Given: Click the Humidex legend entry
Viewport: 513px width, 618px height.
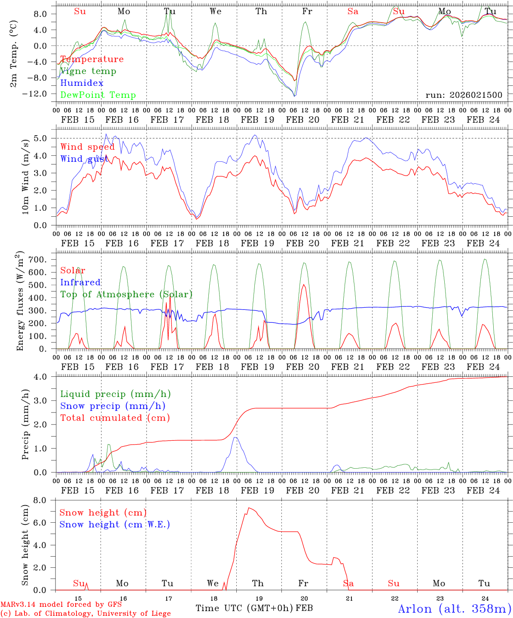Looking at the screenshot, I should [82, 83].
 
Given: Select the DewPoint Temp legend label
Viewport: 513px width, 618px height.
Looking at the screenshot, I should [98, 95].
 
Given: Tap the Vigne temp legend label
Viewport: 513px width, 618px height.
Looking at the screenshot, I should [88, 71].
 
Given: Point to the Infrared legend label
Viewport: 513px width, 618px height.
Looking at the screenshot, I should [80, 282].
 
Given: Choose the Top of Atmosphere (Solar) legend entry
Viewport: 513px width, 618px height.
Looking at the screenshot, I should [126, 294].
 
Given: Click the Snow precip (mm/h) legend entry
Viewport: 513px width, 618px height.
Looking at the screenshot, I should [113, 406].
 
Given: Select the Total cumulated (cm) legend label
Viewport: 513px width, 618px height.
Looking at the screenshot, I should [115, 418].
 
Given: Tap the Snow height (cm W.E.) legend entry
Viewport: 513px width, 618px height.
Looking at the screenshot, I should [115, 524].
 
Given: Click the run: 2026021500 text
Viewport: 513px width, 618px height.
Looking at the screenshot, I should [464, 95].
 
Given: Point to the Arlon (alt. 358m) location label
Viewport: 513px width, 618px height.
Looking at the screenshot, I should [455, 609].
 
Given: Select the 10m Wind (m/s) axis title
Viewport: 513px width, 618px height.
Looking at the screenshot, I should [25, 179].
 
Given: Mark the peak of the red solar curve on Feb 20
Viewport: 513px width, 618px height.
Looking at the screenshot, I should [304, 285].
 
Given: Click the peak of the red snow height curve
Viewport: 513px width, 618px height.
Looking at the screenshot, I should [248, 508].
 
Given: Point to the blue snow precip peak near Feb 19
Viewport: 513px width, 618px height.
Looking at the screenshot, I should [235, 437].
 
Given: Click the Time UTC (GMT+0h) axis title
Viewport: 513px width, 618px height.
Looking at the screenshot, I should [244, 608].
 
